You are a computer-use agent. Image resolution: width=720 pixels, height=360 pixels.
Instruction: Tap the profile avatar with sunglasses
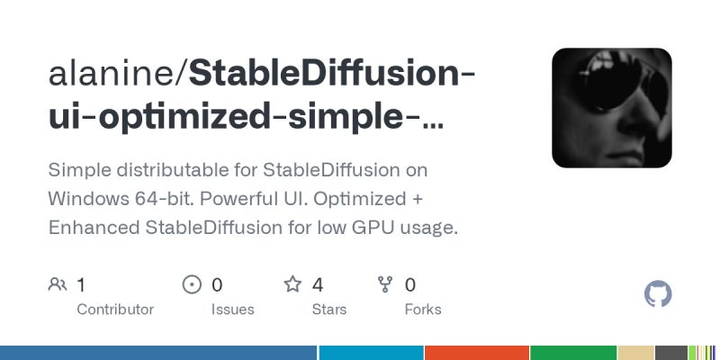tap(612, 108)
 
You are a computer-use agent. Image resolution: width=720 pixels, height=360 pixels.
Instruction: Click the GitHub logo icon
tap(659, 294)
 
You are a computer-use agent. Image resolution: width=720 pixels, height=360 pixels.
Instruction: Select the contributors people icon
tap(58, 285)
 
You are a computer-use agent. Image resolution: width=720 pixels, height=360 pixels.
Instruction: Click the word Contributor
tap(115, 309)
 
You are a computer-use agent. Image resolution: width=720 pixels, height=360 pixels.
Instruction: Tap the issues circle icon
tap(192, 285)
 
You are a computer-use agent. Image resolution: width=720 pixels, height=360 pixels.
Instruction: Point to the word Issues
tap(232, 309)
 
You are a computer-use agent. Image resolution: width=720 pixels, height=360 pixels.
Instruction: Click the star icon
tap(292, 285)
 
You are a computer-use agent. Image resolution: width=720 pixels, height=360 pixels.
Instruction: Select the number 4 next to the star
tap(318, 285)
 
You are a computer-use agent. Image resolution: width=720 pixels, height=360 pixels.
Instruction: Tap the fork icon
tap(385, 285)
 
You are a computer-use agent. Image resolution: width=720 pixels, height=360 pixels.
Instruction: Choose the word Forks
tap(423, 309)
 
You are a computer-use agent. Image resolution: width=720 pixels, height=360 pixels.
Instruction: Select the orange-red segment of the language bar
tap(477, 353)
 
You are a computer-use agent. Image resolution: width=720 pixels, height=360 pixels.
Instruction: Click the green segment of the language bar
tap(573, 353)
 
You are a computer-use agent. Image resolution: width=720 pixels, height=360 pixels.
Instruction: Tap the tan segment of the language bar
tap(635, 353)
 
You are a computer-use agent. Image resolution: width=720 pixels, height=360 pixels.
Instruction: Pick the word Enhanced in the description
tap(94, 228)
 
